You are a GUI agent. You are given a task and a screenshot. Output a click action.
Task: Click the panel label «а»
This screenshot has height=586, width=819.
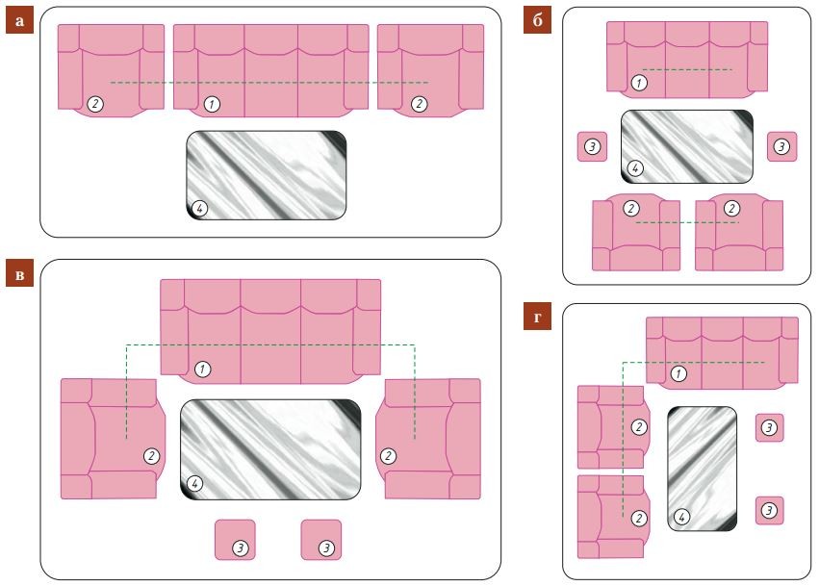[19, 21]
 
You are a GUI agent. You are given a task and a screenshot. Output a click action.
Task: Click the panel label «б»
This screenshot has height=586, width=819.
[537, 21]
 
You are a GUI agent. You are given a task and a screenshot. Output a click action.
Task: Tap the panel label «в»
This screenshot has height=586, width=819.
[19, 273]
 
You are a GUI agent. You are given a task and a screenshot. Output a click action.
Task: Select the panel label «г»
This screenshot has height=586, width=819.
[537, 317]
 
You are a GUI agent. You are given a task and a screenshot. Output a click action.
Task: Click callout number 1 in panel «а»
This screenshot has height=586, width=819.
[212, 104]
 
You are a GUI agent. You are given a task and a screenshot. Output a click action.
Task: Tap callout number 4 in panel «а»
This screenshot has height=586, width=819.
[199, 209]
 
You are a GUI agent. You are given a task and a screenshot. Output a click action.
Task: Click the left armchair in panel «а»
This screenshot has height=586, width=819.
[111, 70]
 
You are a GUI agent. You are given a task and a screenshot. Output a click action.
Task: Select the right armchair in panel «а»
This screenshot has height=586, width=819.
[430, 70]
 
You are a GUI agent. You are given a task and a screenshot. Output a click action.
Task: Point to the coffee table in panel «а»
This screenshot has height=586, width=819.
[267, 175]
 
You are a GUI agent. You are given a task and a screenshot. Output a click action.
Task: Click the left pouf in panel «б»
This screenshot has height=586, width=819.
[592, 147]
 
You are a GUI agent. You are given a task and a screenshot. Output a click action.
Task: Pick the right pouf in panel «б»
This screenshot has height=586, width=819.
[781, 147]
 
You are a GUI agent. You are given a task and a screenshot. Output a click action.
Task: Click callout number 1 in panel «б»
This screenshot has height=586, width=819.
[639, 83]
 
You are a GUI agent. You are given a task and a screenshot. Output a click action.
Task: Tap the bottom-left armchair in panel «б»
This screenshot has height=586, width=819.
[636, 233]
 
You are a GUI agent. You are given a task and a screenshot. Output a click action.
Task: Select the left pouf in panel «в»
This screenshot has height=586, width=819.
[235, 540]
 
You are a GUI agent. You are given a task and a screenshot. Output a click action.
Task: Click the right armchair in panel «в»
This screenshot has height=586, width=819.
[428, 439]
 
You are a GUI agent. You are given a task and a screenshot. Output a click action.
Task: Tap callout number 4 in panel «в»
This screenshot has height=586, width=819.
[194, 483]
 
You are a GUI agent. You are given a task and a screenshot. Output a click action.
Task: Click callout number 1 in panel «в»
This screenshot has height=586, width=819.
[203, 369]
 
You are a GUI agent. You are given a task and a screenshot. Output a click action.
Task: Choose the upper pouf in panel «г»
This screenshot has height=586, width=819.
[770, 428]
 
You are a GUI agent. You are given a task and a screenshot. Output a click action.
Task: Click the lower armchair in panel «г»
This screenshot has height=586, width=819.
[614, 517]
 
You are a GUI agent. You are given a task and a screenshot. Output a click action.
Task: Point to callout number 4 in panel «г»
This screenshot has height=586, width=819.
[681, 517]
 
